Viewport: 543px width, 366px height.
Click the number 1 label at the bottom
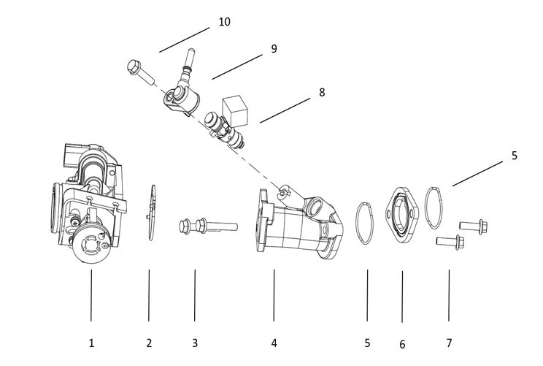pos(91,343)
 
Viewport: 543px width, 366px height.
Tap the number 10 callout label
pos(224,22)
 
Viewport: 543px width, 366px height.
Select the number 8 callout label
pos(322,93)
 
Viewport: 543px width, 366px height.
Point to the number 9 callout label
pos(274,49)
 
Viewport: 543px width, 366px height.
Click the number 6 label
pos(402,344)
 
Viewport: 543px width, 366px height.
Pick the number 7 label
pos(449,343)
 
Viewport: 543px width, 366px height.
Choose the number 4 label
pos(274,343)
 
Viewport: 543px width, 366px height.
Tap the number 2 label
pos(149,343)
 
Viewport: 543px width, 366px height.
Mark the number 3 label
pos(195,343)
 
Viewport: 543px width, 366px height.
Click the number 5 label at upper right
pos(514,156)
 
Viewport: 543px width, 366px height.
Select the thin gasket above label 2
pos(150,212)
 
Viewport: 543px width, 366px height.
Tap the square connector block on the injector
pos(238,109)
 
